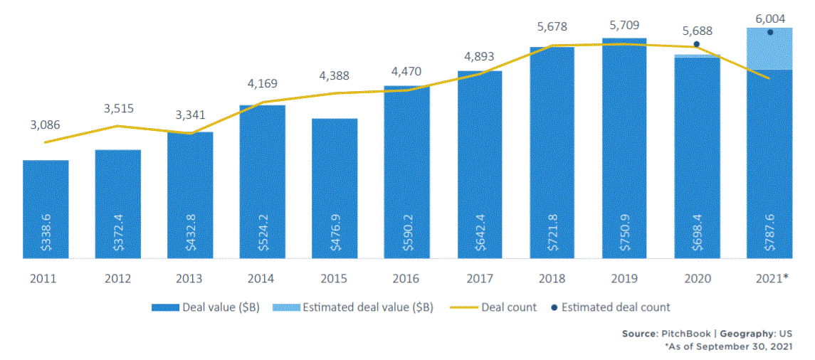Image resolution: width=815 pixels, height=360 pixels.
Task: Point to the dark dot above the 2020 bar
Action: [x=696, y=44]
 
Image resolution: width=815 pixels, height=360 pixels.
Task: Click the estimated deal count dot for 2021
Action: [x=769, y=32]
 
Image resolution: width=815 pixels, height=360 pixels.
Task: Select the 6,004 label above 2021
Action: [x=769, y=14]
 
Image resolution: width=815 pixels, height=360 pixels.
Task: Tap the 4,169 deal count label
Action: [x=262, y=84]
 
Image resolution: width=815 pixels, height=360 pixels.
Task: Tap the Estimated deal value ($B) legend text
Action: [x=367, y=308]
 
